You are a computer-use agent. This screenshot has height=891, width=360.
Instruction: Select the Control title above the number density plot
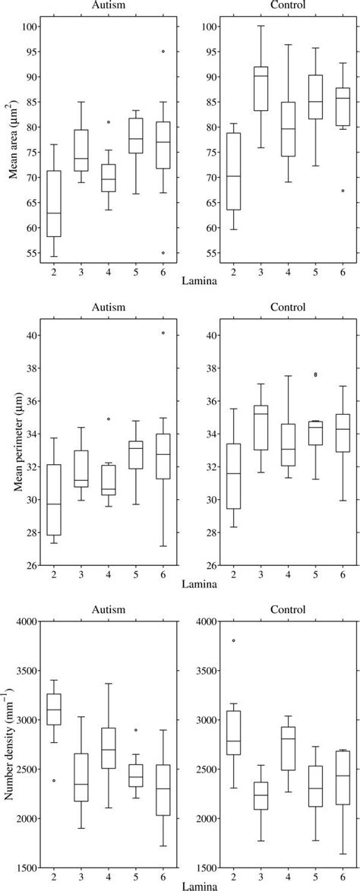pyautogui.click(x=276, y=609)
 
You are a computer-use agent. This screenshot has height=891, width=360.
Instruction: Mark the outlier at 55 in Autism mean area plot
pyautogui.click(x=163, y=253)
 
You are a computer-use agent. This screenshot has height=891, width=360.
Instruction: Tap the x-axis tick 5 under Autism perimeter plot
pyautogui.click(x=135, y=574)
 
